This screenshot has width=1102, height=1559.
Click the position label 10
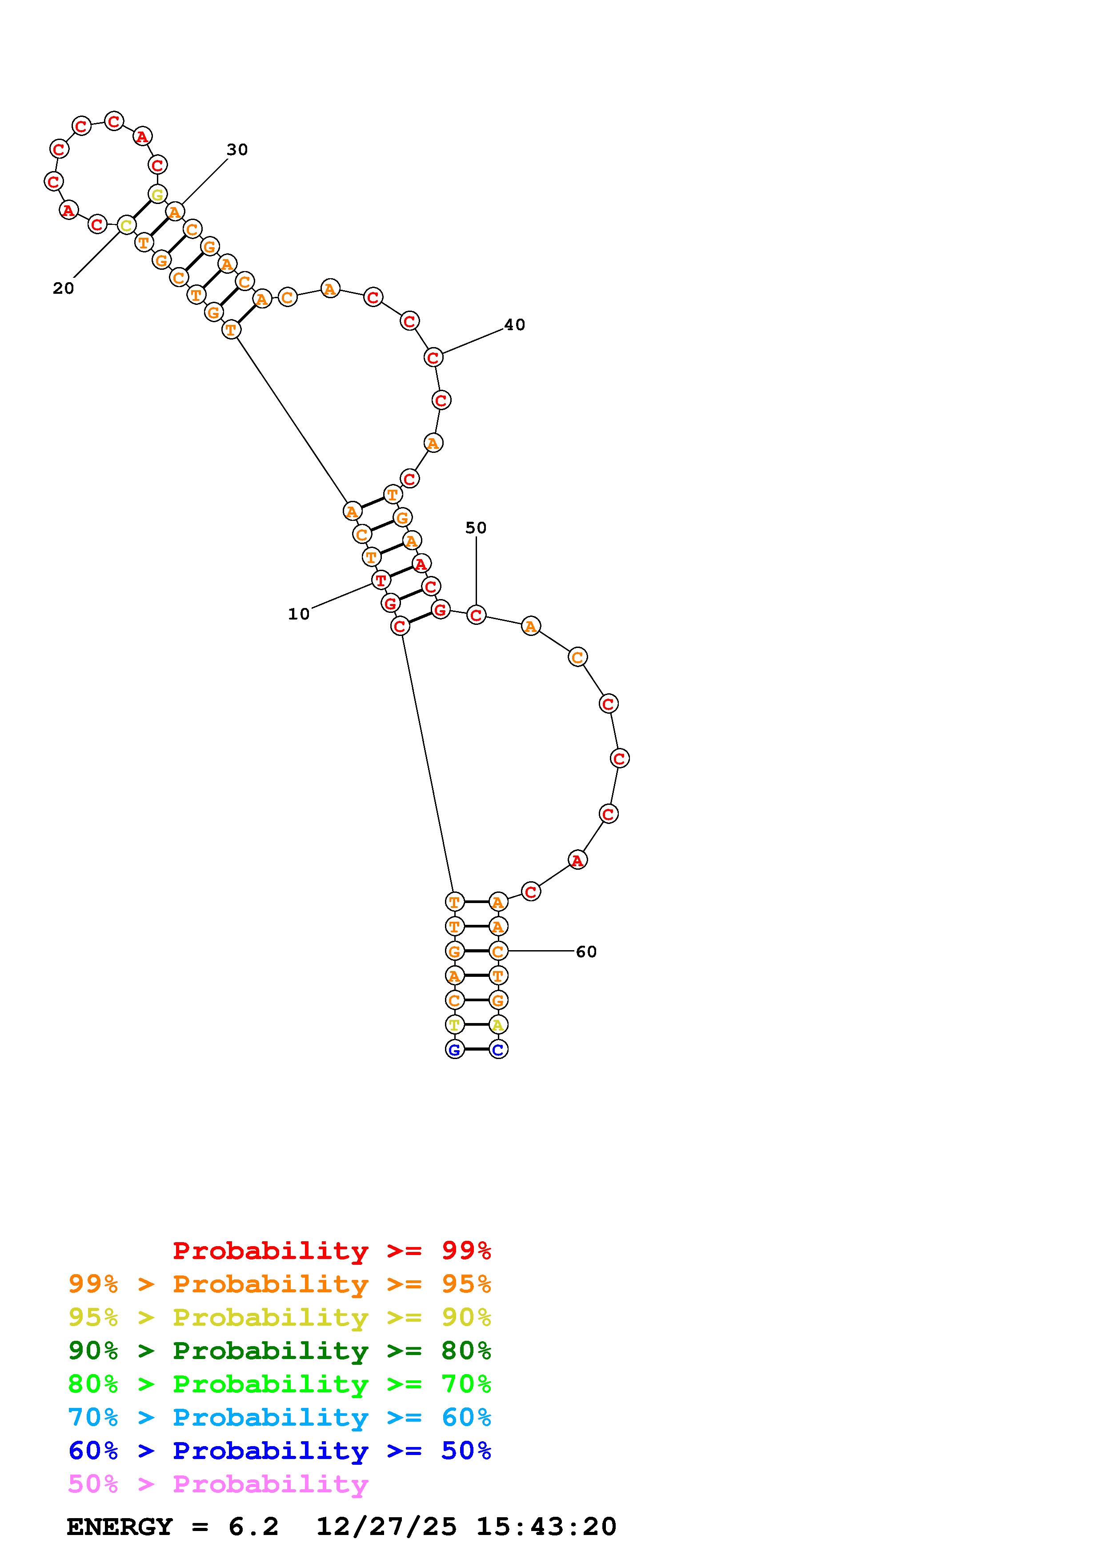pyautogui.click(x=299, y=614)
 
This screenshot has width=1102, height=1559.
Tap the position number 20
pyautogui.click(x=63, y=288)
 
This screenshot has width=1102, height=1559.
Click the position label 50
pyautogui.click(x=476, y=528)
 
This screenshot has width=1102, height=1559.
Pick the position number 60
pyautogui.click(x=586, y=952)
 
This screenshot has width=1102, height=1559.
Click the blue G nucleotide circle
pyautogui.click(x=454, y=1050)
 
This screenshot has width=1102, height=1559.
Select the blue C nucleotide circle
pyautogui.click(x=498, y=1050)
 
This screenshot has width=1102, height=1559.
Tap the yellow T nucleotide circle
pyautogui.click(x=454, y=1025)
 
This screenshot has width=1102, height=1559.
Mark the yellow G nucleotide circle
pyautogui.click(x=157, y=195)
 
